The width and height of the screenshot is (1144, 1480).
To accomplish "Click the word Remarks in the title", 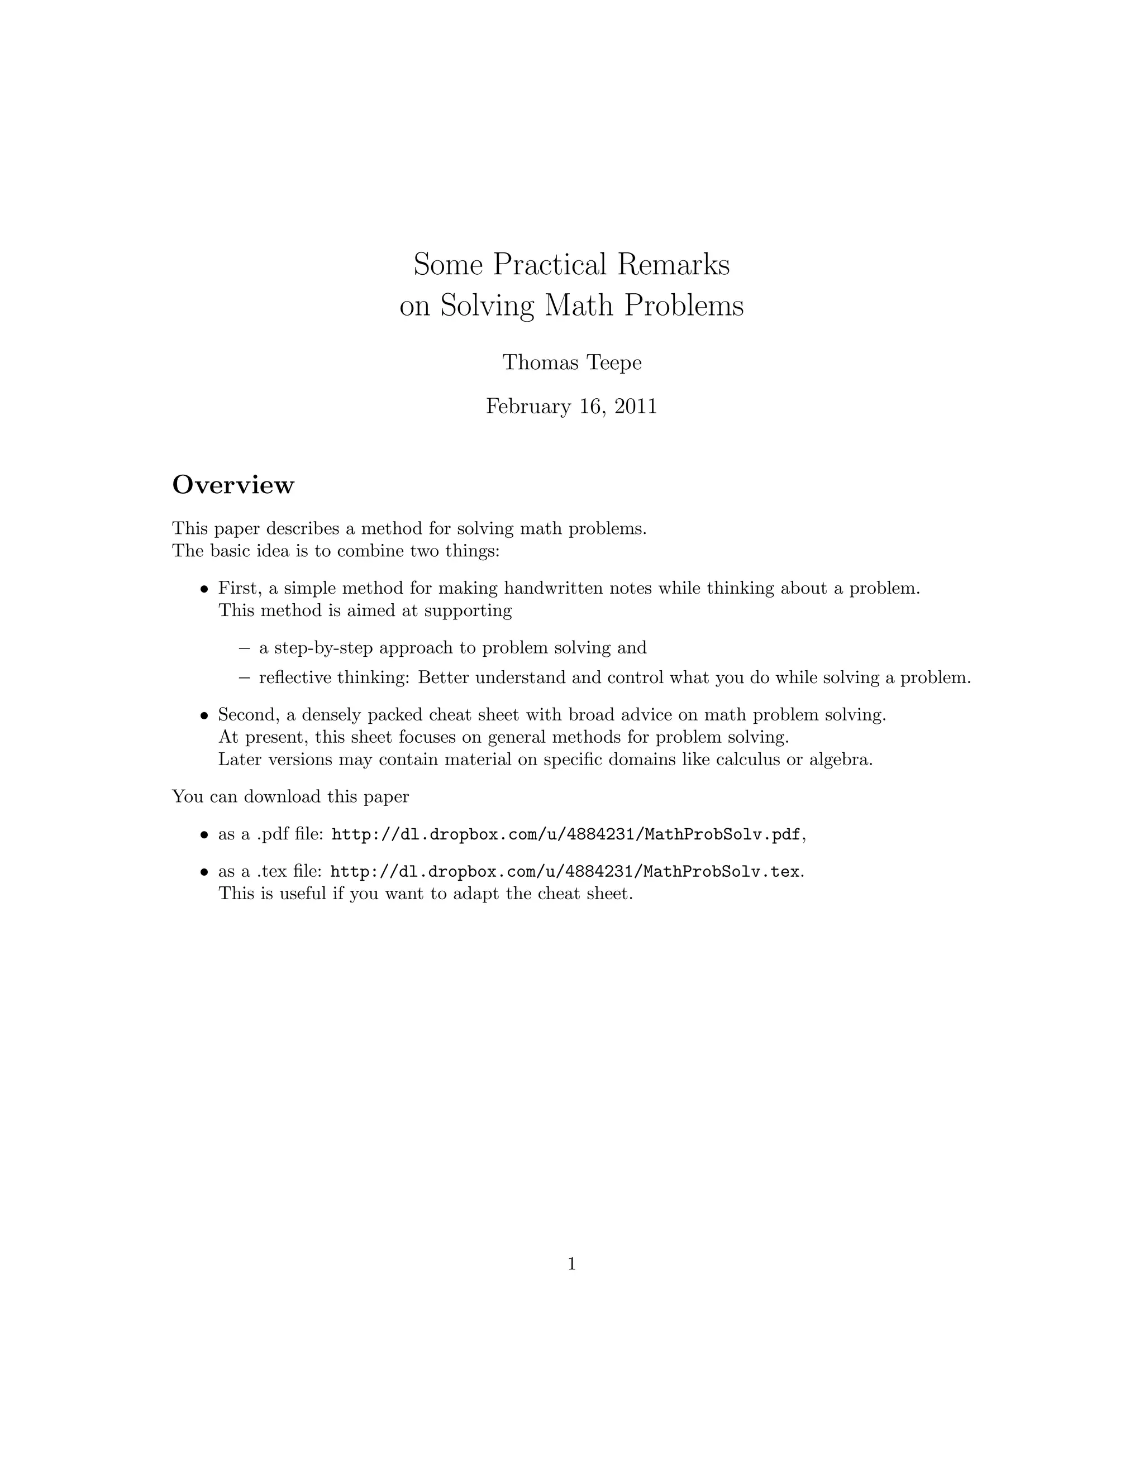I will coord(673,264).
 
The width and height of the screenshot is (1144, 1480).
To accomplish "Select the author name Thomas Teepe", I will coord(571,362).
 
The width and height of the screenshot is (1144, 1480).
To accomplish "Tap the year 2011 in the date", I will coord(635,407).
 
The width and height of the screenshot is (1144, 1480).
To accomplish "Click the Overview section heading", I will coord(233,485).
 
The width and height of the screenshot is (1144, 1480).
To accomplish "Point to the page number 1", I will coord(571,1264).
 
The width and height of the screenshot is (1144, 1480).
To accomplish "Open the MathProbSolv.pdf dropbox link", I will coord(565,834).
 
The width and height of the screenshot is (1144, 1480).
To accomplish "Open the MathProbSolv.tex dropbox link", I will coord(565,871).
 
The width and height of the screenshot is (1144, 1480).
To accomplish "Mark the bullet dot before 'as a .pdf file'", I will coord(203,835).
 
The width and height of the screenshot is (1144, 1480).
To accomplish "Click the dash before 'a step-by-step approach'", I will coord(244,648).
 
